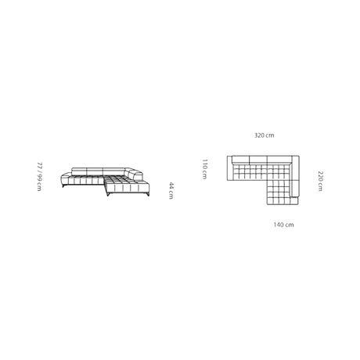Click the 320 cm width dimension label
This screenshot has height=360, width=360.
265,135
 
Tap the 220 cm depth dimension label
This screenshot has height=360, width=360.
320,181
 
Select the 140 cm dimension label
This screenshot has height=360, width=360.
283,225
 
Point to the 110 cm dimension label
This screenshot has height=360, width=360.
205,169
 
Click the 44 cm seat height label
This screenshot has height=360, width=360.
171,191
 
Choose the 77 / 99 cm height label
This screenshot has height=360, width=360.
39,177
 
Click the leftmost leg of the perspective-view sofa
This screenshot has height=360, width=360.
63,185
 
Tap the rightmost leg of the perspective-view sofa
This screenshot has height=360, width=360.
148,194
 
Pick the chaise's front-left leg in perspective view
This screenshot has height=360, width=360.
108,194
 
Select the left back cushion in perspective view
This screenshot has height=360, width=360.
79,171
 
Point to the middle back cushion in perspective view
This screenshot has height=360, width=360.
95,171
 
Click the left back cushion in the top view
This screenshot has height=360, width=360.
241,160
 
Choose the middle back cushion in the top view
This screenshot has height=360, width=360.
258,160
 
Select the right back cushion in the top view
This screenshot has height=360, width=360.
279,160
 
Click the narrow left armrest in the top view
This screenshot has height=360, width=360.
229,168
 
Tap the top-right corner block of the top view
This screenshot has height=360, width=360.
295,160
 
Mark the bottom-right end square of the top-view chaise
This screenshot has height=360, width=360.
294,201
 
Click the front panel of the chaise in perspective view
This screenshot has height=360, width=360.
128,188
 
